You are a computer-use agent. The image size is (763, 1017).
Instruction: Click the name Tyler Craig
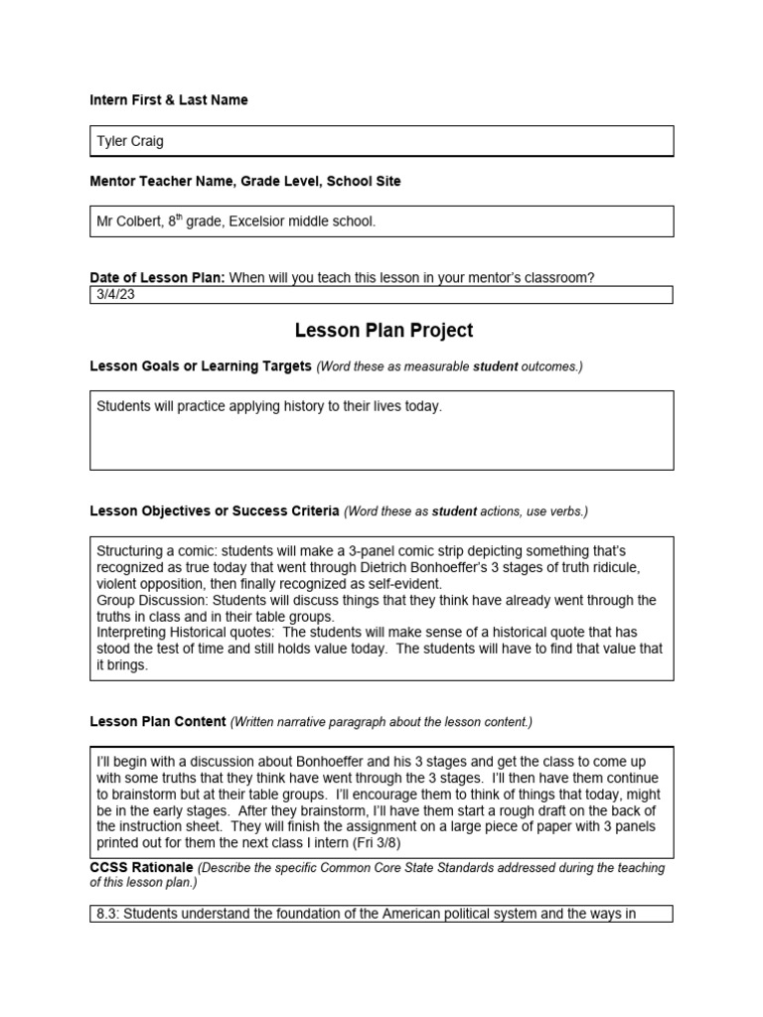pyautogui.click(x=130, y=141)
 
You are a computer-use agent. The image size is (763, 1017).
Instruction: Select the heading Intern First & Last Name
pyautogui.click(x=169, y=100)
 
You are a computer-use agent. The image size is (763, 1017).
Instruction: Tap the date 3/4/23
pyautogui.click(x=112, y=294)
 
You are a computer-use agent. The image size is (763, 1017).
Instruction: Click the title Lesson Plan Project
pyautogui.click(x=383, y=331)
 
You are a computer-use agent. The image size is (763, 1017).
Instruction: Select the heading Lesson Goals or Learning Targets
pyautogui.click(x=201, y=366)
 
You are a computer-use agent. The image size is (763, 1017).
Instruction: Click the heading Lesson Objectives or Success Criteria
pyautogui.click(x=215, y=511)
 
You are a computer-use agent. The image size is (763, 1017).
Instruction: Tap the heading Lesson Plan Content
pyautogui.click(x=158, y=721)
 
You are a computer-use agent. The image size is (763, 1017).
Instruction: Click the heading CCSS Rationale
pyautogui.click(x=141, y=868)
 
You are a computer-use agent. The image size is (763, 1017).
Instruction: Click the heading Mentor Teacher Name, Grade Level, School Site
pyautogui.click(x=245, y=182)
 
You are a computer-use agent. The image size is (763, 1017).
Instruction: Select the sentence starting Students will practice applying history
pyautogui.click(x=268, y=406)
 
